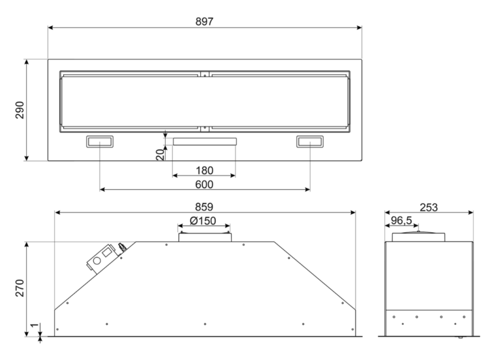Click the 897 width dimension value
pos(204,22)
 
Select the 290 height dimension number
pos(20,110)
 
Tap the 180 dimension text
pos(204,171)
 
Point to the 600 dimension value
pos(204,185)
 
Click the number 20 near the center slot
pos(160,155)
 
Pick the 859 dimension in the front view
pos(204,207)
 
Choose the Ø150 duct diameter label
pos(203,220)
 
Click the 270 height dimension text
pos(20,288)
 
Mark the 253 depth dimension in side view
pos(429,207)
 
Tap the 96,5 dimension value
pos(401,220)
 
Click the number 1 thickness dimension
pos(35,325)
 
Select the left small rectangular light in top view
pos(100,142)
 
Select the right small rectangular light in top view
pos(310,142)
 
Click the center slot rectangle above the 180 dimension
pos(204,142)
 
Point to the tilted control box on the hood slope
pos(102,259)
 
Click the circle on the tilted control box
pos(97,261)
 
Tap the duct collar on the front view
pos(205,237)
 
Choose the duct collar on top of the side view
pos(418,237)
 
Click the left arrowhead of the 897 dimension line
pos(50,28)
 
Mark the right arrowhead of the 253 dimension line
pos(470,213)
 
